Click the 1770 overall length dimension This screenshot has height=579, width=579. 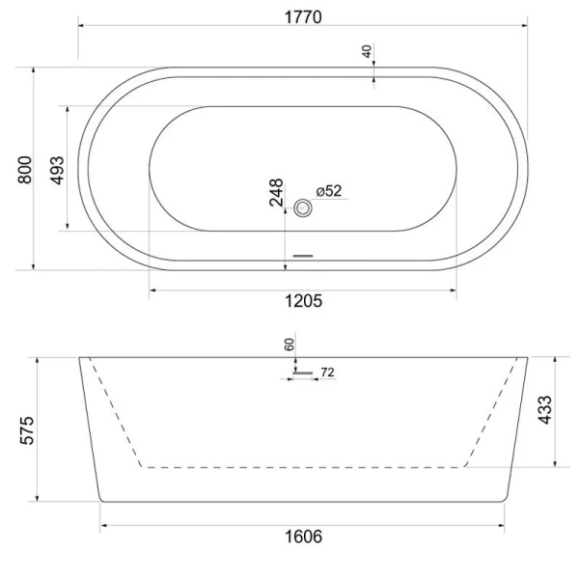pyautogui.click(x=302, y=16)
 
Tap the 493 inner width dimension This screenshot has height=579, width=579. pyautogui.click(x=57, y=169)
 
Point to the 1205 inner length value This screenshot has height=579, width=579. pyautogui.click(x=303, y=300)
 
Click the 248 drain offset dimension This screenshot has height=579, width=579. pyautogui.click(x=276, y=193)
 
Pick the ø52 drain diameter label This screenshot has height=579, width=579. pyautogui.click(x=329, y=191)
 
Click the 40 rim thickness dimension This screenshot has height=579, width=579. pyautogui.click(x=368, y=52)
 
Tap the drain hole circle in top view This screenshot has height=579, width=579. pyautogui.click(x=306, y=207)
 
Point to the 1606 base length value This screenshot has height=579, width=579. pyautogui.click(x=303, y=536)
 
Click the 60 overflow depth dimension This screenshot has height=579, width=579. pyautogui.click(x=289, y=344)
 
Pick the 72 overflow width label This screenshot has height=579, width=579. pyautogui.click(x=326, y=372)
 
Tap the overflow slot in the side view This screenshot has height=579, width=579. pyautogui.click(x=304, y=371)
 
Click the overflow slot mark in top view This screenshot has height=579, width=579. pyautogui.click(x=303, y=256)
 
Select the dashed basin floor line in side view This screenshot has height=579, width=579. pyautogui.click(x=303, y=467)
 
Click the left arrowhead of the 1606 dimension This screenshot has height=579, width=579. pyautogui.click(x=103, y=526)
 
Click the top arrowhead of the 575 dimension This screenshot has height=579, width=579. pyautogui.click(x=37, y=360)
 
